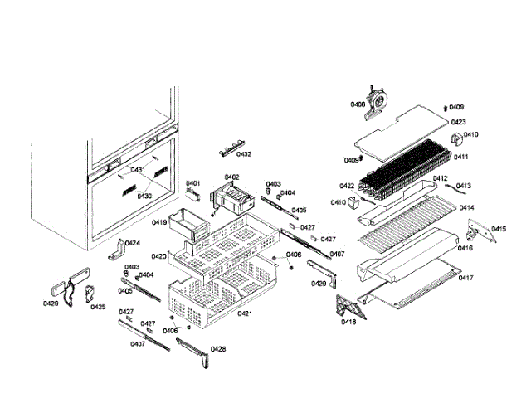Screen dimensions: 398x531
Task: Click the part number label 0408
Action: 358,104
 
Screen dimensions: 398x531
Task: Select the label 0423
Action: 458,122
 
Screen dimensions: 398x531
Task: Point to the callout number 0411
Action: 460,157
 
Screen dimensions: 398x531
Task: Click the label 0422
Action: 347,186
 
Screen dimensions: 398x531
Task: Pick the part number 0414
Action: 467,208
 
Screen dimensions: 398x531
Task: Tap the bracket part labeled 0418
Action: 345,307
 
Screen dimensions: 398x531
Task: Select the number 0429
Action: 319,284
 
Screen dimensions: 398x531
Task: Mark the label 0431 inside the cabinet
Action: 138,170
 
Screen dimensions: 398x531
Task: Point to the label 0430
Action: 144,196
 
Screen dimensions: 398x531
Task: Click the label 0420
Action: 159,256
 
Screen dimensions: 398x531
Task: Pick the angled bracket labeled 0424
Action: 119,247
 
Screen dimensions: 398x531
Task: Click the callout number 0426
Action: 51,303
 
